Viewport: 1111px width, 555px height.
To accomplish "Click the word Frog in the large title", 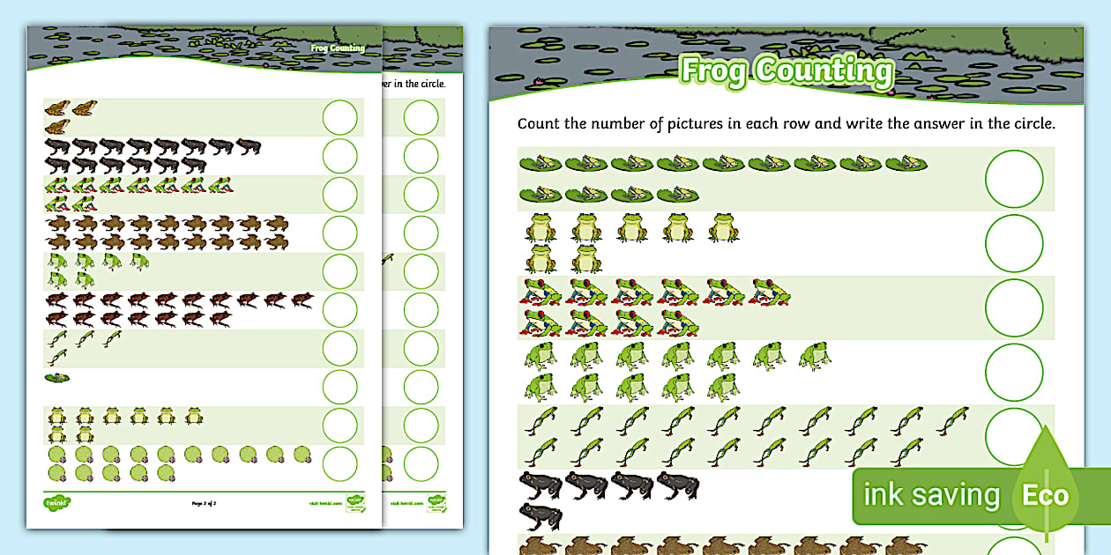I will coord(715,71).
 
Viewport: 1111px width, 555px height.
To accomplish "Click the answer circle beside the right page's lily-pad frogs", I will coord(1014,179).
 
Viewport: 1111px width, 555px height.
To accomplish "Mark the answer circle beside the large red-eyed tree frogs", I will coord(1014,307).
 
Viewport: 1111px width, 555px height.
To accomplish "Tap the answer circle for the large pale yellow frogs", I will coord(1014,243).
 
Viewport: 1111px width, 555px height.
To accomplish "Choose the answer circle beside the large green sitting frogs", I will coord(1014,372).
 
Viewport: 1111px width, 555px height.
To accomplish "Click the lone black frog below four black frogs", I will coord(541,515).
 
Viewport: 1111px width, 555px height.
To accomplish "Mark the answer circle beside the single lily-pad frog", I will coord(340,387).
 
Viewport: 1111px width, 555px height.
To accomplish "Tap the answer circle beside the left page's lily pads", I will coord(340,463).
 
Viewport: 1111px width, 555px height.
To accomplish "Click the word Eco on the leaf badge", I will coord(1045,494).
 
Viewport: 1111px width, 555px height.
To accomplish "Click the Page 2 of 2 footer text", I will coord(204,504).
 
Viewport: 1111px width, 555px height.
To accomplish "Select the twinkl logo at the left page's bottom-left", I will coord(57,503).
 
